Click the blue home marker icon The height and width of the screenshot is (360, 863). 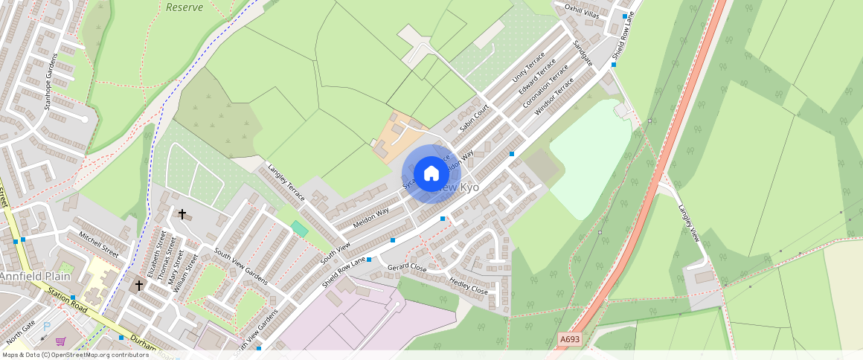(x=431, y=174)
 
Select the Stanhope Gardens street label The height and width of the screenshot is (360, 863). (x=51, y=83)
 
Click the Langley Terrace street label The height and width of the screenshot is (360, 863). (x=286, y=184)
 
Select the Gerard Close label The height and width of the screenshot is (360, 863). (x=407, y=266)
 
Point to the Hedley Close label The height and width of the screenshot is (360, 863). (x=469, y=286)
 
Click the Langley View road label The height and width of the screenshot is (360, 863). (x=690, y=222)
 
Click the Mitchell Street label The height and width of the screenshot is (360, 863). (x=98, y=243)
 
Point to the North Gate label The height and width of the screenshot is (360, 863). (x=20, y=332)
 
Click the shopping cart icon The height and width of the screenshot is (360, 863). (x=61, y=341)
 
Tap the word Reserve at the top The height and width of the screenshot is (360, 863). (x=185, y=7)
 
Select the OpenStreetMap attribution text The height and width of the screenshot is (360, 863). (x=74, y=355)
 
